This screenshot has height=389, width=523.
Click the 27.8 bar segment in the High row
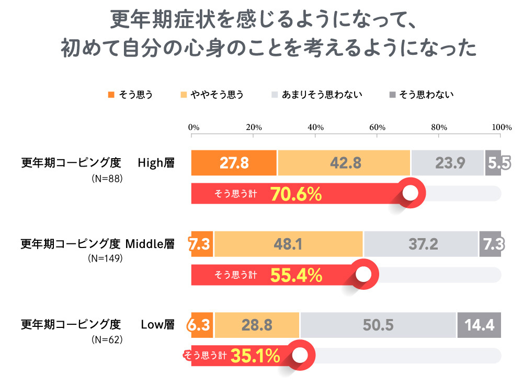click(234, 163)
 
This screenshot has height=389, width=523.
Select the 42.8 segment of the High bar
click(344, 163)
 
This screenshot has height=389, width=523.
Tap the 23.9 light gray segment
click(448, 163)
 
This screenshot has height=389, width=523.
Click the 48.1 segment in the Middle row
click(288, 244)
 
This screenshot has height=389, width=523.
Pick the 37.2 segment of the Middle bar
click(421, 244)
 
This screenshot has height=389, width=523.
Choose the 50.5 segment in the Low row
click(378, 325)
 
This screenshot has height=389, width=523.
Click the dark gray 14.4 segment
click(479, 325)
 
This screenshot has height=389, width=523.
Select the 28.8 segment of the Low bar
click(256, 325)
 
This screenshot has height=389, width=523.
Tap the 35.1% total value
click(255, 356)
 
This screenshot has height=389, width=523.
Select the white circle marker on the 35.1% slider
click(299, 355)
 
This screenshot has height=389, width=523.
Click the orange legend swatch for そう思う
click(110, 95)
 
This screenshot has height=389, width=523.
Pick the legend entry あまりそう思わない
click(322, 95)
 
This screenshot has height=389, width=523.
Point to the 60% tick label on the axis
click(377, 127)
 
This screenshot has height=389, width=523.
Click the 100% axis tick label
click(502, 127)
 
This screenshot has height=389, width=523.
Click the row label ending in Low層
click(97, 324)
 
